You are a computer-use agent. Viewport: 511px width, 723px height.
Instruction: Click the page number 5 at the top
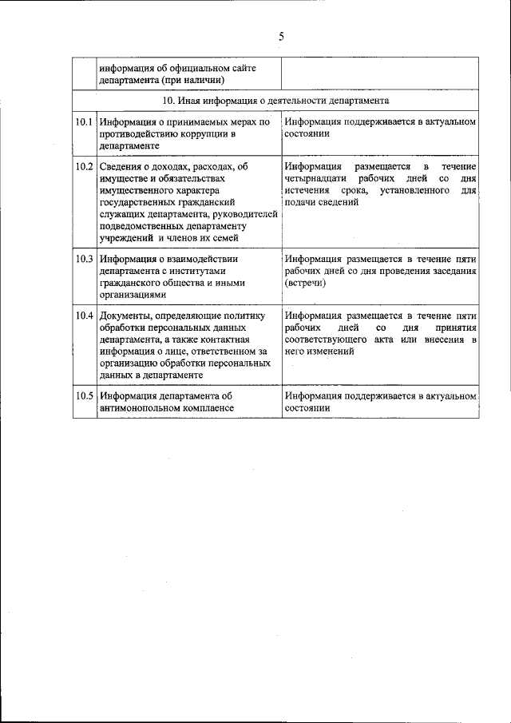pos(281,36)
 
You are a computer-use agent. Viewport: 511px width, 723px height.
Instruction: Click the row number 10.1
pos(84,122)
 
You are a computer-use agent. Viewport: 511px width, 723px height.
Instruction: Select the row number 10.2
pos(84,166)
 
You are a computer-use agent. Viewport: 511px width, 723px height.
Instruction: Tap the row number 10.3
pos(84,259)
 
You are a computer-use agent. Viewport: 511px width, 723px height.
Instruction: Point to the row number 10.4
pos(84,315)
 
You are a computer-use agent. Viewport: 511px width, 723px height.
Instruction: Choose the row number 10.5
pos(84,395)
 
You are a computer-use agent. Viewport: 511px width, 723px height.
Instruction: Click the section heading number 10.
pos(168,101)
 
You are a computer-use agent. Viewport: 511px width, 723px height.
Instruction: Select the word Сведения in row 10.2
pos(121,166)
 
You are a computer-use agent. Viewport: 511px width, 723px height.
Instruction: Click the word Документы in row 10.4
pos(125,315)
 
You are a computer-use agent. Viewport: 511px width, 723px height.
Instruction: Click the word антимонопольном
pos(137,407)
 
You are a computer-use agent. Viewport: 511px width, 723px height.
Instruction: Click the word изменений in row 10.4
pos(329,352)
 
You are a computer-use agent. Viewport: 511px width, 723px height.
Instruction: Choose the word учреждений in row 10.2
pos(125,238)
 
